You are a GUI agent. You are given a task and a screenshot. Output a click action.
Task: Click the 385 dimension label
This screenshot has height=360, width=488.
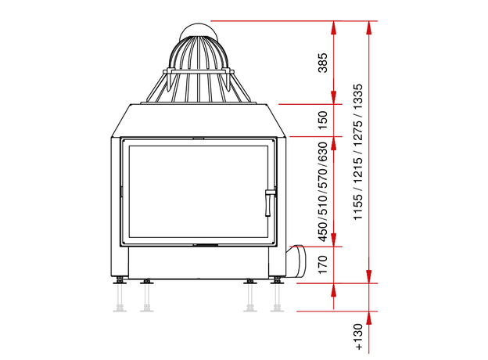323,63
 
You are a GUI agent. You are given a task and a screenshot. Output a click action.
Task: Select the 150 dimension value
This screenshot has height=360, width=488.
323,121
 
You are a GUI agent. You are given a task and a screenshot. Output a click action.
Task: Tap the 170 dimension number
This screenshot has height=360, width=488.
323,265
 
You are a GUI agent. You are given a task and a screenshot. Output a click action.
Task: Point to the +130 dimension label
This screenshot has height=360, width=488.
358,337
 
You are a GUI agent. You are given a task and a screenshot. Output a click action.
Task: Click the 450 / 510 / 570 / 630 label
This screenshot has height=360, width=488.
323,192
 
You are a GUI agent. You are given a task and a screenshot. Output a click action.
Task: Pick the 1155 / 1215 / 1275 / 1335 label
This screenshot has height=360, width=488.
358,152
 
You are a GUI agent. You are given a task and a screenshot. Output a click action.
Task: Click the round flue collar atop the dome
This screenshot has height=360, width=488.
198,31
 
